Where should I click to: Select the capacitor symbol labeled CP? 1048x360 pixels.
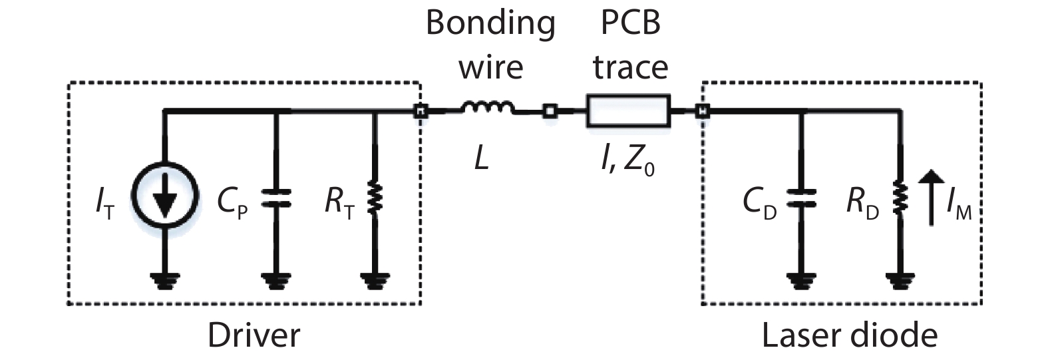[276, 198]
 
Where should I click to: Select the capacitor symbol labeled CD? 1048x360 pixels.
[801, 198]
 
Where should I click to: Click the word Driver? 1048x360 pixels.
[254, 335]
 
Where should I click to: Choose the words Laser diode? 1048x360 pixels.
[850, 335]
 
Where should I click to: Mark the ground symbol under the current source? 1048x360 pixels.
[165, 281]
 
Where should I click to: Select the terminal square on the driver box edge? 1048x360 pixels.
[420, 111]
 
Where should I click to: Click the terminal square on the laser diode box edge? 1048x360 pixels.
[702, 111]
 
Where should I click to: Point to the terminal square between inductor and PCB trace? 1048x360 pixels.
[550, 111]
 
